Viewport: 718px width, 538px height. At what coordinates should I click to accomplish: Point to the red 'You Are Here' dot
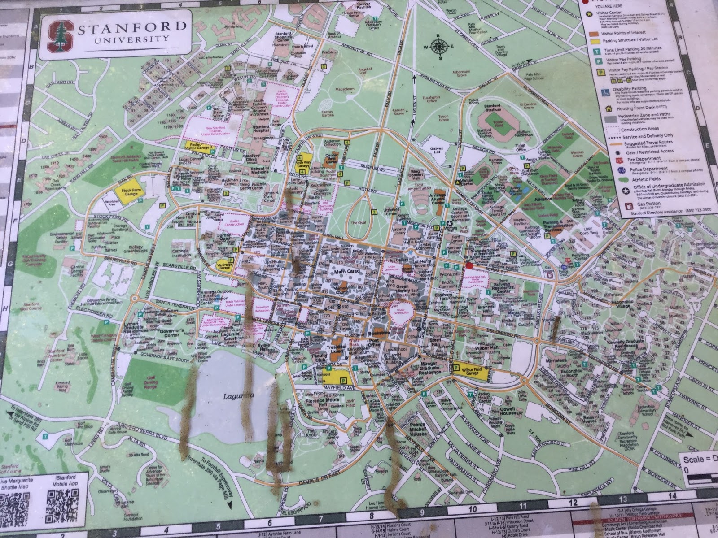(468, 266)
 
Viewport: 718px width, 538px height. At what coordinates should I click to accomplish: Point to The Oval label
(359, 223)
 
